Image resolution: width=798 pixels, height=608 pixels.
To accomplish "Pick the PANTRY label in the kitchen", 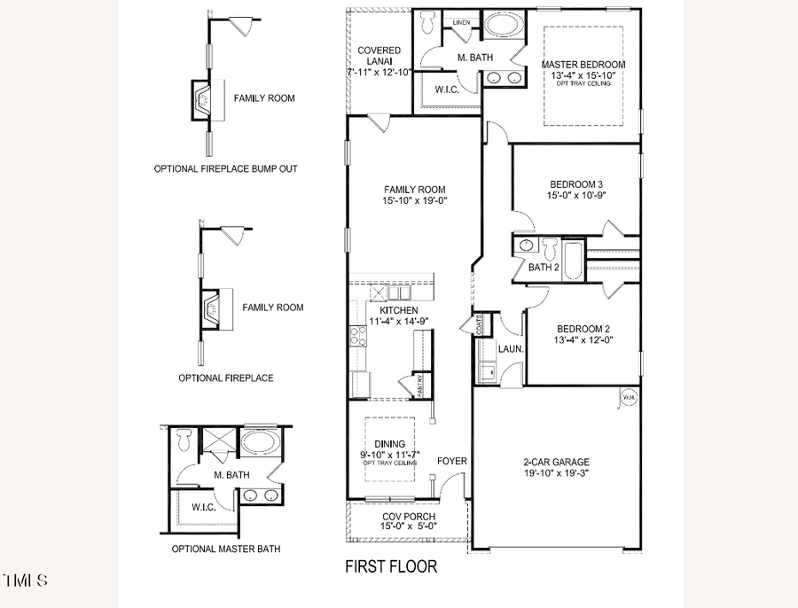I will click(421, 386).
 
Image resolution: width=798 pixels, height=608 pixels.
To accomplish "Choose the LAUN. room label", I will click(511, 349).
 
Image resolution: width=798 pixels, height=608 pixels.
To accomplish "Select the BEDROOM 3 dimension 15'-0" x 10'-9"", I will click(575, 196).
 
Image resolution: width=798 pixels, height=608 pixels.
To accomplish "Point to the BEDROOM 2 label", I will click(582, 327).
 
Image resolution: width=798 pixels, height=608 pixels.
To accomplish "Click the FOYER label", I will click(451, 462).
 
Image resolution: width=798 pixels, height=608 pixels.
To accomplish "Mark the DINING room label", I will click(390, 444).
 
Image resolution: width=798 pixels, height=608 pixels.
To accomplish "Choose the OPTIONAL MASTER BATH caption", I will click(226, 550).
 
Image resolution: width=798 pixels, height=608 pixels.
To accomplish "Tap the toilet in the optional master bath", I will click(184, 438).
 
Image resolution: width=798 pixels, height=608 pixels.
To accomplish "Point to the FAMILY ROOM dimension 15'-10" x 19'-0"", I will click(414, 200).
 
